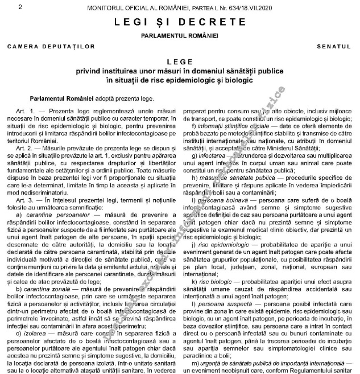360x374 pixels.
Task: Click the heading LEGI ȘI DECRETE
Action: click(x=180, y=22)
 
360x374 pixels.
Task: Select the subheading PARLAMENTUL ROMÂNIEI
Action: click(x=180, y=35)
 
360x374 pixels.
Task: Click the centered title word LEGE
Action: click(x=180, y=61)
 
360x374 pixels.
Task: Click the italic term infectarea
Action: click(x=210, y=154)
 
